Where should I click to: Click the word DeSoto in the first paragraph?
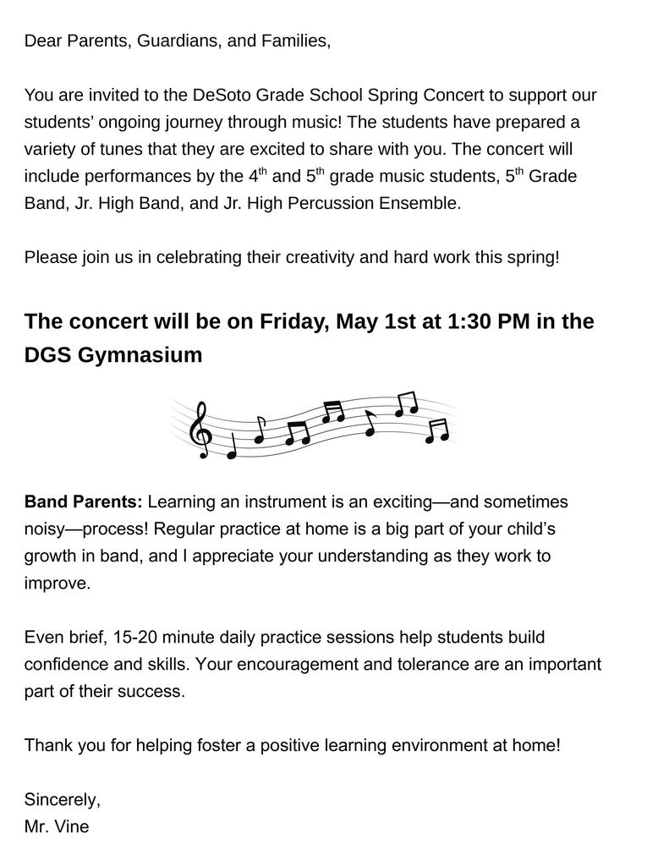[x=222, y=95]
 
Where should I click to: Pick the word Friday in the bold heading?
[x=293, y=322]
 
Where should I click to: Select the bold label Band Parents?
[x=84, y=502]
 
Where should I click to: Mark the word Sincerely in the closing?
[x=62, y=799]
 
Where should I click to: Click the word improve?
[x=57, y=584]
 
